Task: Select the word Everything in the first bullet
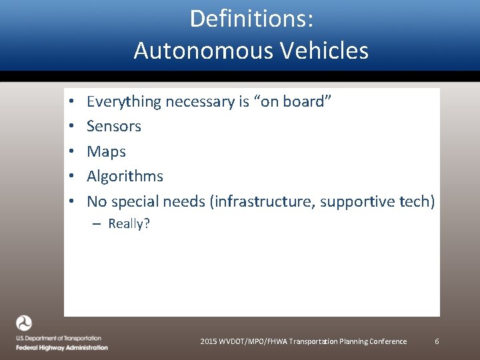click(124, 102)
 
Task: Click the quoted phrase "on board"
click(296, 101)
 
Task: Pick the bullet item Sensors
click(114, 126)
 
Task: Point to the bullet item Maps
click(106, 151)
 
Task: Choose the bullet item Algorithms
click(125, 176)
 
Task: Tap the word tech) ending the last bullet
click(417, 201)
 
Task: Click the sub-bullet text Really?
click(129, 224)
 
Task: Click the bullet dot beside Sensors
click(69, 127)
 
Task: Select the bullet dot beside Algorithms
click(69, 177)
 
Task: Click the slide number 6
click(437, 341)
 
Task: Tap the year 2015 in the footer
click(209, 341)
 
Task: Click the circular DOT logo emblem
click(24, 323)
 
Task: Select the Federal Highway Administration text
click(62, 347)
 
